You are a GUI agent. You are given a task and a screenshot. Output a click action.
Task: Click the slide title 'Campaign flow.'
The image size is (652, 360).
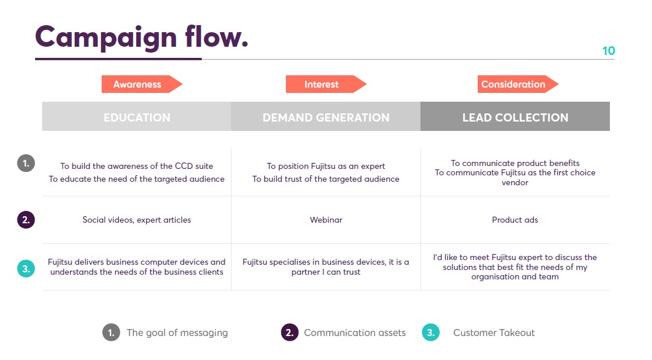142,37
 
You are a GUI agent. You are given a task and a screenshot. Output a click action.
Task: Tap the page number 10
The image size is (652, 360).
608,51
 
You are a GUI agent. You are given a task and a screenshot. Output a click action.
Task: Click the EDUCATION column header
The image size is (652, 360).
137,117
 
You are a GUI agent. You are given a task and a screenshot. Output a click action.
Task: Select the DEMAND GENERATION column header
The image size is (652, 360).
326,117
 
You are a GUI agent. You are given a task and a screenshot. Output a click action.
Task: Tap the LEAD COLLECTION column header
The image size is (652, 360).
515,117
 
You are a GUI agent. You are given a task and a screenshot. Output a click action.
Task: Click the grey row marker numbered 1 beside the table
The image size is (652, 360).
26,162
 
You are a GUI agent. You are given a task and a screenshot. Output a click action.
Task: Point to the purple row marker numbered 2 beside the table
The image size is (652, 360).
26,220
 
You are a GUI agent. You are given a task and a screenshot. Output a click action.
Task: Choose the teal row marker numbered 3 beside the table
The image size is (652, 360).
26,269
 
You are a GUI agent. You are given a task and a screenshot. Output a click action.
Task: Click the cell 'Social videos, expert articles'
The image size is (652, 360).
137,220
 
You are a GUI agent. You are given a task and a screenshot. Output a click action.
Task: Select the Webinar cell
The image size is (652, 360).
326,220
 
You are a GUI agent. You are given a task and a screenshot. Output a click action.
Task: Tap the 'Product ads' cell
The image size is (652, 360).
515,220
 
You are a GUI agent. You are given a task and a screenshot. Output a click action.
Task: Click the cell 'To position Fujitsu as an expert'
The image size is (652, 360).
326,172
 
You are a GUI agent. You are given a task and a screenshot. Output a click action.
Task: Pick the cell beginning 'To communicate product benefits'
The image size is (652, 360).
515,172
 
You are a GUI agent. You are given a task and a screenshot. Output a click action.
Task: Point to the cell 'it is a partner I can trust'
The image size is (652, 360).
326,267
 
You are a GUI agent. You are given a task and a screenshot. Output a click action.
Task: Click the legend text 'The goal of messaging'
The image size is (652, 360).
177,333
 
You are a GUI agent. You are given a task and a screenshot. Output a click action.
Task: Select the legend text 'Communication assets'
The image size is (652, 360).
354,333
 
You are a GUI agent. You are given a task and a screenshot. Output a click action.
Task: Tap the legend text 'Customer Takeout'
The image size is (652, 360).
494,333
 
